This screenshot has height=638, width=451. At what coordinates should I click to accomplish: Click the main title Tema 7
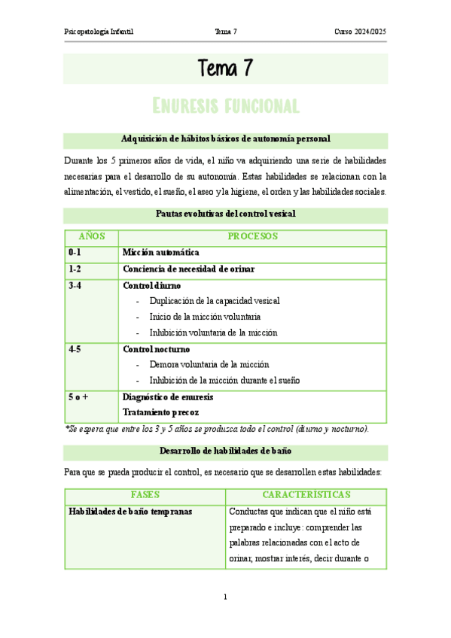(x=225, y=69)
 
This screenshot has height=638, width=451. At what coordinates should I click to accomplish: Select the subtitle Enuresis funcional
(x=225, y=105)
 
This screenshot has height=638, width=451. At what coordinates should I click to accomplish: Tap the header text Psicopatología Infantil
(x=103, y=32)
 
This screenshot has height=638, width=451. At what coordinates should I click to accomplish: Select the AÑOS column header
(x=91, y=236)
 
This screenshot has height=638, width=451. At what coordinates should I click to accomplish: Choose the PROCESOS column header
(x=253, y=236)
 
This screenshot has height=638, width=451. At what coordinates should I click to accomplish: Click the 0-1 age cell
(x=75, y=253)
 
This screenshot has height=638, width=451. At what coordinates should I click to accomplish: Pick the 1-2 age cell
(x=75, y=269)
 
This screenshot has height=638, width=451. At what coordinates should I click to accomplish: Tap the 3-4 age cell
(x=75, y=286)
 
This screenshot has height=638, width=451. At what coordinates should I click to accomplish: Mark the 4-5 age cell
(x=75, y=349)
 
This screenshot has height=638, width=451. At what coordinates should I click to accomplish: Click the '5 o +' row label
(x=79, y=396)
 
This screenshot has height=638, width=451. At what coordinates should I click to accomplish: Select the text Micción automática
(x=160, y=253)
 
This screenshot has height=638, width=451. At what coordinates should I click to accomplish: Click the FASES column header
(x=145, y=495)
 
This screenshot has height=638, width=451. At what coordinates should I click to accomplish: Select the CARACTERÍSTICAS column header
(x=306, y=495)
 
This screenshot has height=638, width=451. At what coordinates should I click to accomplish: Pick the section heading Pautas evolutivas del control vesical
(x=225, y=214)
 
